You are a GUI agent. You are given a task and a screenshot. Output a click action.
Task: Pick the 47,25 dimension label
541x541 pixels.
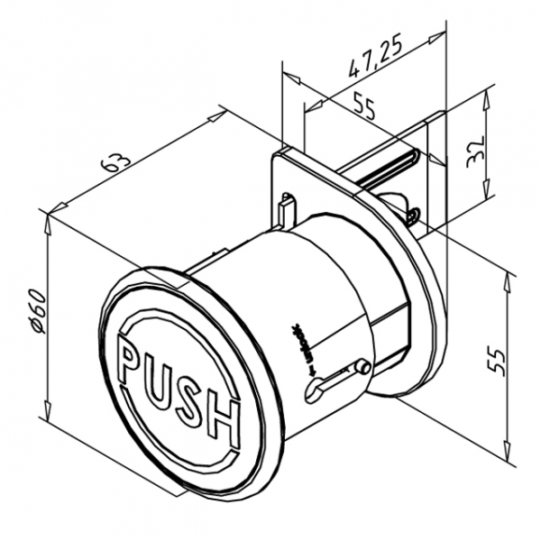(375, 61)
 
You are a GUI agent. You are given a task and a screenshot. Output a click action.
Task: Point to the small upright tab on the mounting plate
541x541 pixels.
(287, 206)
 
